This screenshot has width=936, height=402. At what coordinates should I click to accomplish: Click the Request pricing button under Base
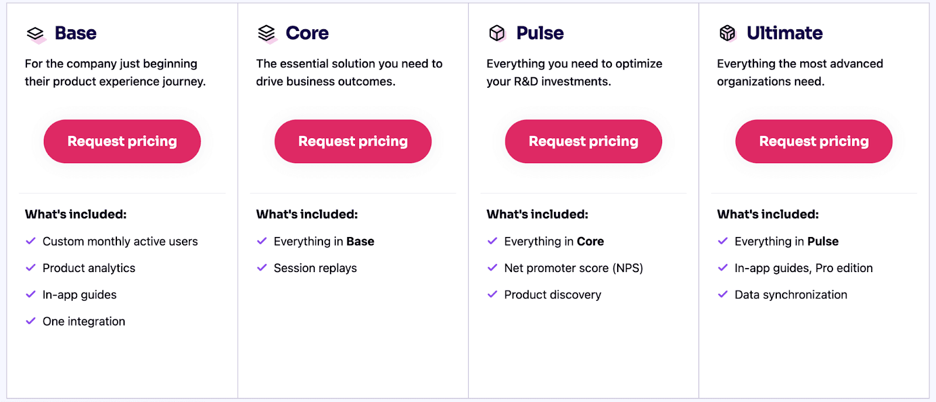click(x=122, y=141)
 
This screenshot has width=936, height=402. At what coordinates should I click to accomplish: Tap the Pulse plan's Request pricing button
click(x=583, y=141)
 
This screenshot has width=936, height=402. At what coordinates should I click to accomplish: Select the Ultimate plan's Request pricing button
click(x=814, y=141)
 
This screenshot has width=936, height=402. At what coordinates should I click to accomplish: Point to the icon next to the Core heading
click(x=267, y=34)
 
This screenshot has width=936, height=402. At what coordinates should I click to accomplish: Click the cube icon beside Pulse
click(x=497, y=33)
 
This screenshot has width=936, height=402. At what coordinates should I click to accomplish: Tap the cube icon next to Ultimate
click(x=728, y=33)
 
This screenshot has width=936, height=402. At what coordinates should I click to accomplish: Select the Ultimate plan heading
click(x=784, y=33)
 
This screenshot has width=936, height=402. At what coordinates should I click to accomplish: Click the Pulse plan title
click(x=540, y=33)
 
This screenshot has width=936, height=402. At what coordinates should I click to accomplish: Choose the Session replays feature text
click(x=315, y=268)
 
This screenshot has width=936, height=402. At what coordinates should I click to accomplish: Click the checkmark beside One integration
click(x=30, y=321)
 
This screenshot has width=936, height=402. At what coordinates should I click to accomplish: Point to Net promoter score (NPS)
click(x=573, y=268)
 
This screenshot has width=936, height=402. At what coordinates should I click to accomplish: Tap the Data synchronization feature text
click(x=790, y=294)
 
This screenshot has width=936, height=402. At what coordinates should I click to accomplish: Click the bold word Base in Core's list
click(x=360, y=241)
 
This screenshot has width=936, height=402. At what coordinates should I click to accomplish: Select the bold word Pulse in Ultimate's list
click(x=823, y=241)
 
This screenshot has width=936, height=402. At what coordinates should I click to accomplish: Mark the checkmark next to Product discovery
click(x=492, y=294)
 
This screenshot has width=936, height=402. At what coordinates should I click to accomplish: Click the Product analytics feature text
click(x=88, y=268)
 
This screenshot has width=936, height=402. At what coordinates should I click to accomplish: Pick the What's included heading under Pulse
click(x=537, y=214)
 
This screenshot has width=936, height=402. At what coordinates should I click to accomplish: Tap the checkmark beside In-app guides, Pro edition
click(x=722, y=267)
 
